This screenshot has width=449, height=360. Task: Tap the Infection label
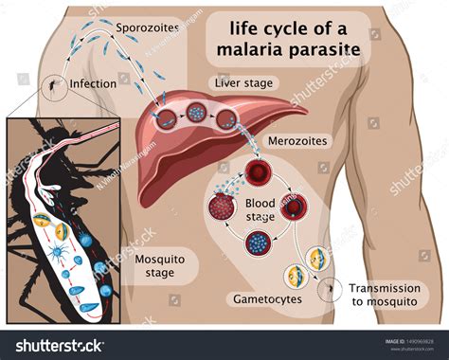91,83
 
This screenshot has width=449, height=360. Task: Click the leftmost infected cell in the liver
166,120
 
